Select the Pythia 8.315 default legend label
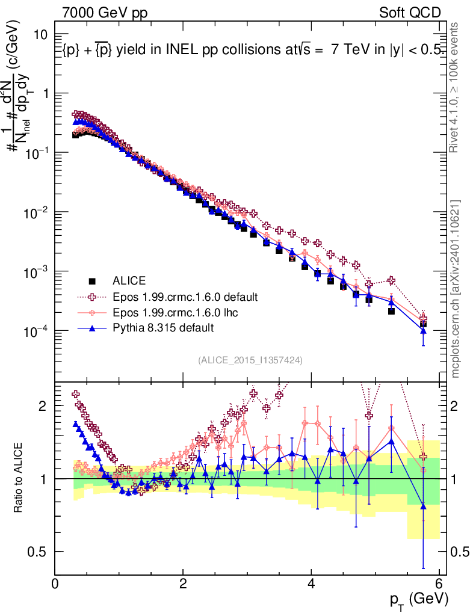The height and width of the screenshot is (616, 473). pos(164,328)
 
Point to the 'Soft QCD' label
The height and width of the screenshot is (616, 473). pos(410,13)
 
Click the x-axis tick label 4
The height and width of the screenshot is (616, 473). pos(311,584)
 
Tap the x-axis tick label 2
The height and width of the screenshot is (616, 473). pos(183,584)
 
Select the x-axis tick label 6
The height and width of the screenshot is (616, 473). pos(439,584)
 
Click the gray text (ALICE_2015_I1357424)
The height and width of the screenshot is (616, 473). pos(250,360)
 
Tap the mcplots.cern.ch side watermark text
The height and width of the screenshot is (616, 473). pos(456,289)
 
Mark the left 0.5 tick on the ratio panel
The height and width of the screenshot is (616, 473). pos(40,552)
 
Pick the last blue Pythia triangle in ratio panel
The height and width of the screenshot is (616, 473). pos(423,506)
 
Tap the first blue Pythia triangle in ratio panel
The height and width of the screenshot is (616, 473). pos(76,424)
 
